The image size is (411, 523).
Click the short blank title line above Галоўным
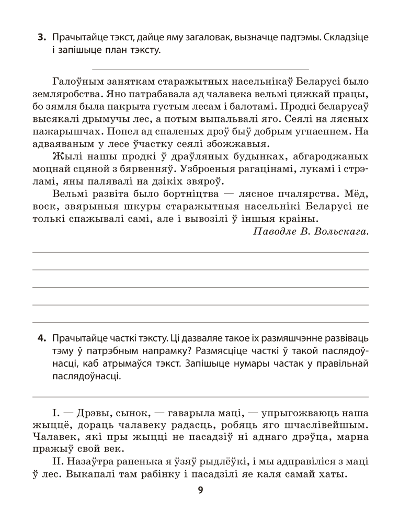pyautogui.click(x=200, y=70)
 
